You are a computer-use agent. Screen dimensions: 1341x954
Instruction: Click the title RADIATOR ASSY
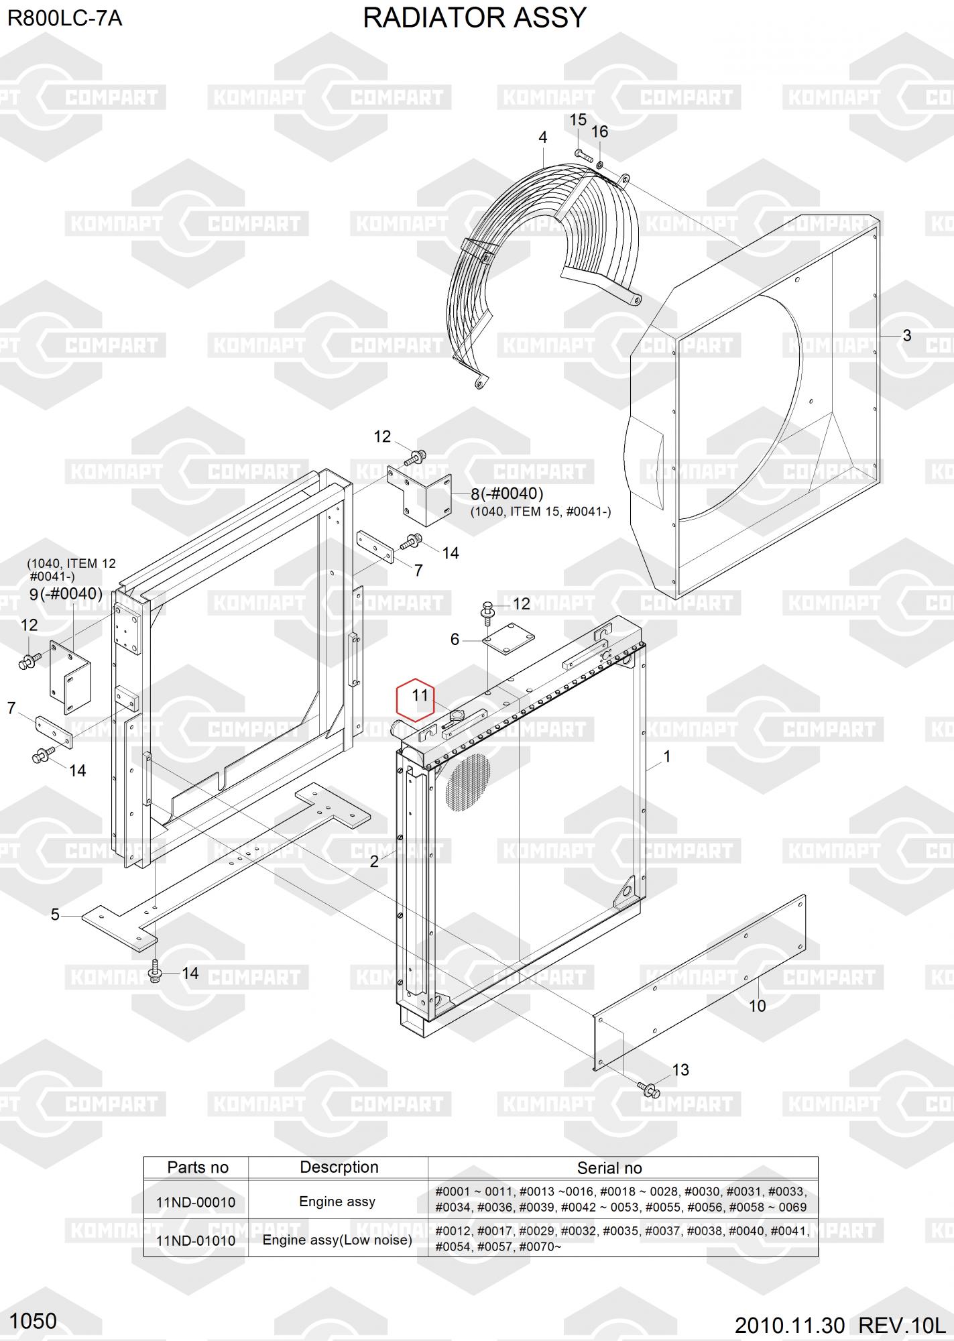[475, 18]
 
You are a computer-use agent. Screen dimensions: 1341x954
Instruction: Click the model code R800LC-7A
[64, 18]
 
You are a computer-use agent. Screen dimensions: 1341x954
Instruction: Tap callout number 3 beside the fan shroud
[906, 335]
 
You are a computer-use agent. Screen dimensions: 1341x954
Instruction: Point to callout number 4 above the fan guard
[542, 137]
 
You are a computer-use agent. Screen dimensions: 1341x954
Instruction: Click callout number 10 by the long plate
[757, 1006]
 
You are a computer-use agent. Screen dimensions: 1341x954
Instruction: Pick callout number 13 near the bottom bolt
[680, 1070]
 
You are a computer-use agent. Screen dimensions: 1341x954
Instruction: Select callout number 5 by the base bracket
[55, 915]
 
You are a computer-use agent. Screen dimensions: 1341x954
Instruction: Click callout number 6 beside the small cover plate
[455, 640]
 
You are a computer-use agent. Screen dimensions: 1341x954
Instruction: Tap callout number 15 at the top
[578, 120]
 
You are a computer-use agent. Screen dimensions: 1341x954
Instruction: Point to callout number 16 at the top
[599, 131]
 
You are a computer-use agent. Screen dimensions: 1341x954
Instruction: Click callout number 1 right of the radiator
[666, 757]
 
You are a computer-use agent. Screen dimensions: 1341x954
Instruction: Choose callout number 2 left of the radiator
[374, 862]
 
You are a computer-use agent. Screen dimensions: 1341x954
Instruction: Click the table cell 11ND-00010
[196, 1202]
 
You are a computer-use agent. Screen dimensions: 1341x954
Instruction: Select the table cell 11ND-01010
[196, 1240]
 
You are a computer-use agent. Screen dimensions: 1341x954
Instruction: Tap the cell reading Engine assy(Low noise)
[337, 1240]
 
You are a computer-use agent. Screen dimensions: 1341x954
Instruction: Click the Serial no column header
[609, 1169]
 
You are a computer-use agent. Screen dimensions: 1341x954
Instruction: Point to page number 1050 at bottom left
[34, 1322]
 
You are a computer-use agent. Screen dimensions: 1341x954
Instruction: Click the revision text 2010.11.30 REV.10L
[840, 1326]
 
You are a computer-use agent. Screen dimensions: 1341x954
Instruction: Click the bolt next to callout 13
[648, 1088]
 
